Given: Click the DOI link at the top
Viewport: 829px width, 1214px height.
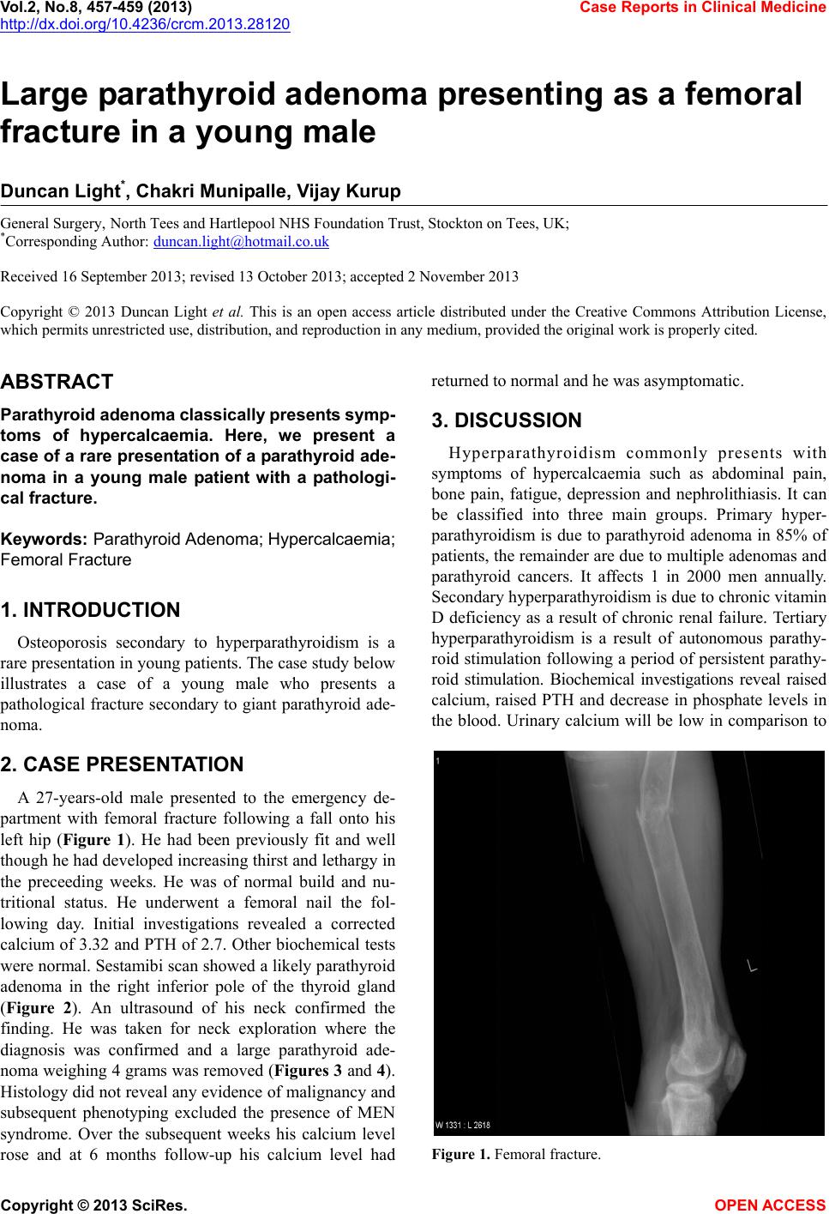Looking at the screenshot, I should tap(145, 23).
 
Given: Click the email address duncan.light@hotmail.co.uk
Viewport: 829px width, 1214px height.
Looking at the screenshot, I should tap(241, 243).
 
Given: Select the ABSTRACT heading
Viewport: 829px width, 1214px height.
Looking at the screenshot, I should tap(57, 382).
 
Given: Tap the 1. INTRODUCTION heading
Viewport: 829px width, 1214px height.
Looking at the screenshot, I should tap(91, 611).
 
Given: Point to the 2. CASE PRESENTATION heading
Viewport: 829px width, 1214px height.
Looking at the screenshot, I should tap(123, 764).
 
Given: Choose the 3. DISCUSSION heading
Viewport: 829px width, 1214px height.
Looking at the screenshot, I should tap(507, 421).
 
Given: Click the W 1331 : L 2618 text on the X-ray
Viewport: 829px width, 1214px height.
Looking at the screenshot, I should tap(463, 1125).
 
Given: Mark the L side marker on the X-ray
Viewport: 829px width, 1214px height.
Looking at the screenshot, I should tap(752, 967).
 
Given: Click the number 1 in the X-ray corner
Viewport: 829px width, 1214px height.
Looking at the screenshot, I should tap(439, 761).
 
